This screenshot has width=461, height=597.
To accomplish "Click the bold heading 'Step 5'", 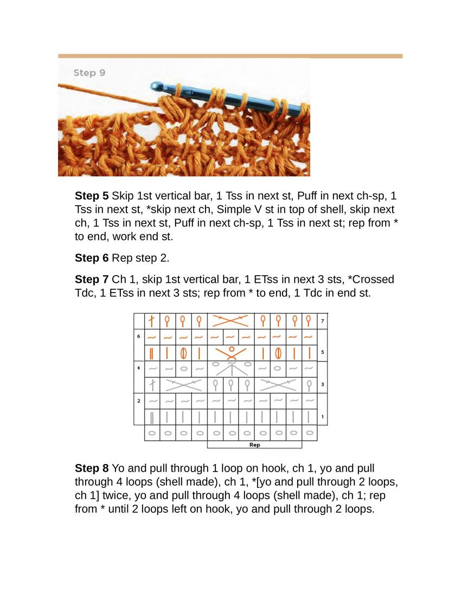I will (91, 195).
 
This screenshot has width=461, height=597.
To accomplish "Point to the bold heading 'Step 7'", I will (91, 280).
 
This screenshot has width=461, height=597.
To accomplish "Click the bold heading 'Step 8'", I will (91, 468).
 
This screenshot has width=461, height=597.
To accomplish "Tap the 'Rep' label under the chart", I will (254, 445).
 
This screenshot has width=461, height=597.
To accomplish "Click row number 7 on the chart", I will (323, 321).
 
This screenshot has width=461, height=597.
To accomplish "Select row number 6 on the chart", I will (139, 336).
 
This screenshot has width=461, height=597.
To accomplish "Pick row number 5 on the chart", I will (323, 353).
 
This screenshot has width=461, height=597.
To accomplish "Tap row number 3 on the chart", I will (323, 385).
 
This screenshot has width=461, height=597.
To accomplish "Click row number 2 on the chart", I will (139, 401).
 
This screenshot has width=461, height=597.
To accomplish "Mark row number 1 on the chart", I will (323, 417).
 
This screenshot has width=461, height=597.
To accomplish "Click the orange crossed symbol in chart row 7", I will (231, 321).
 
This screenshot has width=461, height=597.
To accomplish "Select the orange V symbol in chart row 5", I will (231, 353).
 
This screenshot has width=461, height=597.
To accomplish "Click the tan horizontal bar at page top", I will (230, 56).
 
